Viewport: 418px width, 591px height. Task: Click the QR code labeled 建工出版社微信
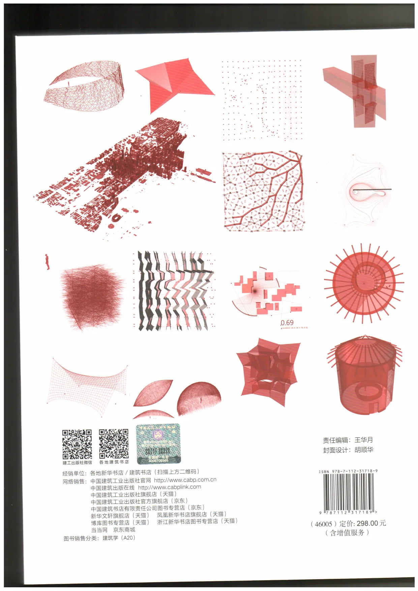(77, 444)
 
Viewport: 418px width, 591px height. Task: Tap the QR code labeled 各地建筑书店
(114, 444)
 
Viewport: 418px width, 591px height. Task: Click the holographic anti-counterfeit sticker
(158, 444)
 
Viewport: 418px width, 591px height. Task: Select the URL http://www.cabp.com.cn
(185, 480)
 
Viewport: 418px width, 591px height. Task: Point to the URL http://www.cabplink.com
(170, 487)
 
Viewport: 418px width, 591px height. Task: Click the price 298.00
(367, 523)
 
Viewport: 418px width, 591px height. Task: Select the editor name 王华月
(364, 440)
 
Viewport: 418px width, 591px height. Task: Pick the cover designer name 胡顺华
(364, 449)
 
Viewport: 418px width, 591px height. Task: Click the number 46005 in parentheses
(323, 524)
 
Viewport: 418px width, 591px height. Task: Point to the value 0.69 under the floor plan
(287, 322)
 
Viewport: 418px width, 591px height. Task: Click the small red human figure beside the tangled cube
(48, 262)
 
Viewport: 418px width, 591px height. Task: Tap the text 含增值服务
(347, 533)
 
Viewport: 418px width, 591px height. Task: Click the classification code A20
(128, 538)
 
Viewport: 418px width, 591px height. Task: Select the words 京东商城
(124, 530)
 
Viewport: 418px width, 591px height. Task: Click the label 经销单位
(74, 473)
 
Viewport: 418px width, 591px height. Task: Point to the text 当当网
(99, 530)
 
